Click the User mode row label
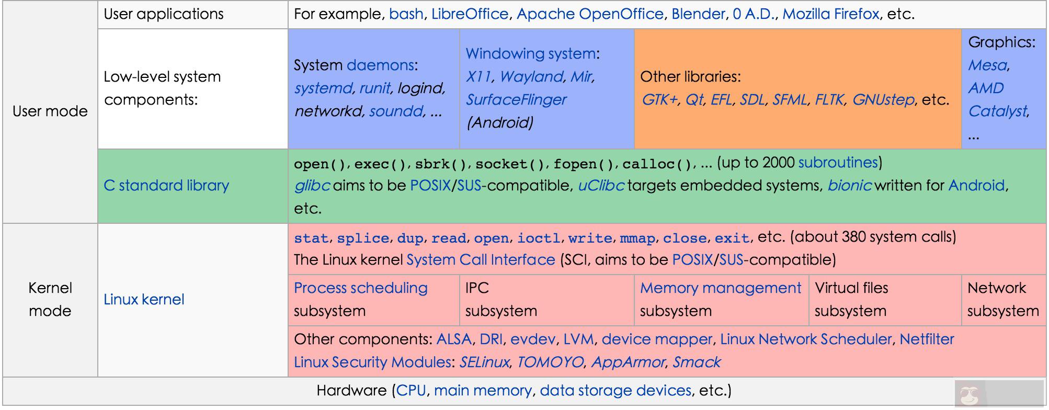click(50, 111)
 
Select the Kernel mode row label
click(50, 299)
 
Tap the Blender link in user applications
click(698, 14)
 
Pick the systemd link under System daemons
click(323, 88)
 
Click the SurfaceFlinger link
click(516, 100)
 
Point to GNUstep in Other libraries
click(883, 100)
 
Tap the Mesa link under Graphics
click(987, 65)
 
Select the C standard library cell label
click(166, 186)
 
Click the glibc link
click(312, 186)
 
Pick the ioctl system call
click(539, 238)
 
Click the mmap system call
click(637, 238)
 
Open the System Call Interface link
click(481, 260)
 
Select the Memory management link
click(720, 288)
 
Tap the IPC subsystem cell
click(500, 299)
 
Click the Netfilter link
click(927, 339)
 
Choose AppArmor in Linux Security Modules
click(628, 362)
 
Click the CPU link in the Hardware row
click(411, 391)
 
